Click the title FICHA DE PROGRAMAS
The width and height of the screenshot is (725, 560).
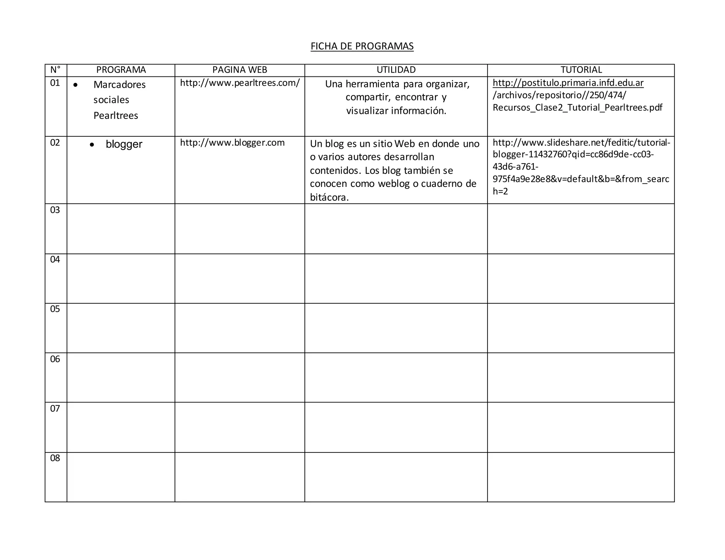pyautogui.click(x=362, y=46)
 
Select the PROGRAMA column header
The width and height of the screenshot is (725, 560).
pyautogui.click(x=121, y=70)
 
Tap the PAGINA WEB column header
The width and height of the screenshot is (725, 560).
pyautogui.click(x=240, y=70)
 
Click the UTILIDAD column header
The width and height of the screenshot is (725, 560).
pyautogui.click(x=396, y=70)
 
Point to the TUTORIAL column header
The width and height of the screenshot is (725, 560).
pyautogui.click(x=581, y=70)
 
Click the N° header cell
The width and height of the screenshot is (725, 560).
pyautogui.click(x=55, y=70)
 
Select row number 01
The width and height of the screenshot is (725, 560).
pyautogui.click(x=55, y=83)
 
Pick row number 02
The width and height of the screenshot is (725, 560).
pyautogui.click(x=55, y=143)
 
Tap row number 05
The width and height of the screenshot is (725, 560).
pyautogui.click(x=55, y=309)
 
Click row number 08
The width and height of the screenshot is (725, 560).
pyautogui.click(x=55, y=458)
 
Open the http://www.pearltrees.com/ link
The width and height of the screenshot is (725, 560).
pyautogui.click(x=240, y=83)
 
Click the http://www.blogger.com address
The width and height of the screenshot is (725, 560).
pyautogui.click(x=232, y=143)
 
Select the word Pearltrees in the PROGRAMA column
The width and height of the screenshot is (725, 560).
pyautogui.click(x=116, y=115)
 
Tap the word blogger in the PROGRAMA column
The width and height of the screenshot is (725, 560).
pyautogui.click(x=124, y=144)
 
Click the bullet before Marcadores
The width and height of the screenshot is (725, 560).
pyautogui.click(x=75, y=85)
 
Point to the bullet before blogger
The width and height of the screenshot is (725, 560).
pyautogui.click(x=92, y=145)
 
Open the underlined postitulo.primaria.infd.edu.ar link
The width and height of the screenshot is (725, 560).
pyautogui.click(x=568, y=83)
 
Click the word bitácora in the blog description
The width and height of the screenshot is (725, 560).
pyautogui.click(x=329, y=197)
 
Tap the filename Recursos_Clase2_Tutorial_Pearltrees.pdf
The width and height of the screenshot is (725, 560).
pyautogui.click(x=577, y=108)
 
